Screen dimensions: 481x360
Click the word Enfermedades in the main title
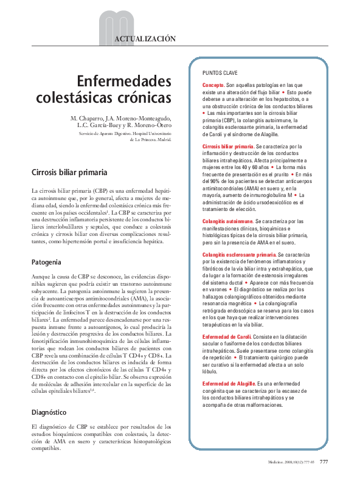124,81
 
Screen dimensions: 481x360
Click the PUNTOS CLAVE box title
220,72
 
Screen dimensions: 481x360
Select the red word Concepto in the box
213,86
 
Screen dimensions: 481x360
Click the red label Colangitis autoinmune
227,221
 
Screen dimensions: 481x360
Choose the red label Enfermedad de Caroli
228,336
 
